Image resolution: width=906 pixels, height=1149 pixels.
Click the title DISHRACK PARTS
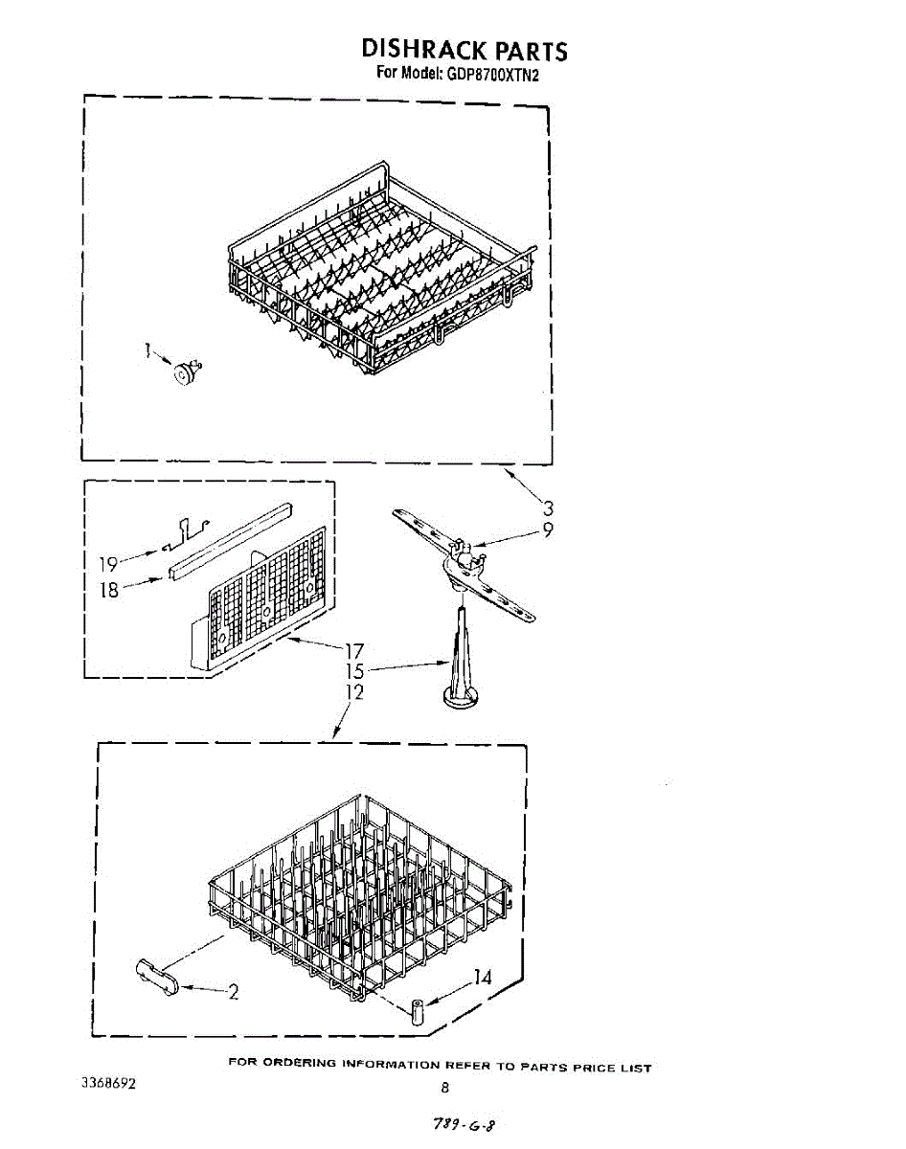[464, 49]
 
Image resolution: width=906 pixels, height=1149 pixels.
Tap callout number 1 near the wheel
[148, 351]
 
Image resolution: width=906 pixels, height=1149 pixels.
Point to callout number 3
[548, 508]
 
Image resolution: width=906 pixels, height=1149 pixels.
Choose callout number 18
[109, 589]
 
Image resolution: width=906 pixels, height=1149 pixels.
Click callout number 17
[353, 652]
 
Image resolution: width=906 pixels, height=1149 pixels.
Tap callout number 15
[354, 672]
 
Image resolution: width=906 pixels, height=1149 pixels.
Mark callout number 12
[354, 691]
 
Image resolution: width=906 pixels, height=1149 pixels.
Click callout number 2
[233, 992]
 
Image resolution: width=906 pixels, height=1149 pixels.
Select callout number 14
[483, 978]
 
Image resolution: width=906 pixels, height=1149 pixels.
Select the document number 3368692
[108, 1085]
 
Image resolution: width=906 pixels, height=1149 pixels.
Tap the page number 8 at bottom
[444, 1087]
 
